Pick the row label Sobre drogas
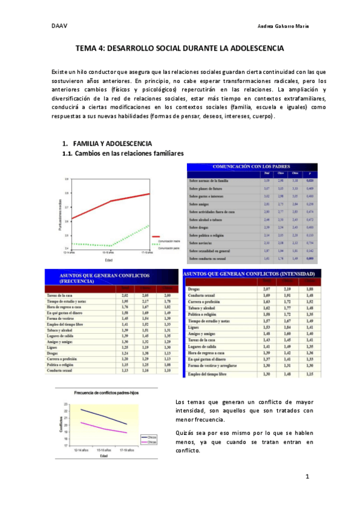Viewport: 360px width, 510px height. click(x=202, y=227)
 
